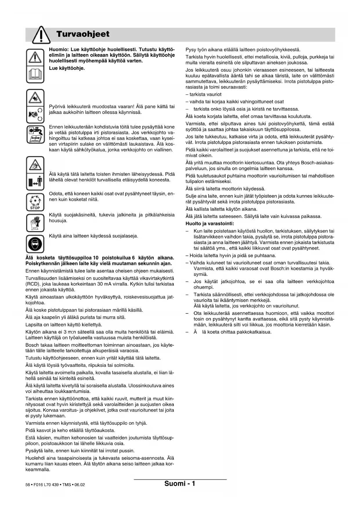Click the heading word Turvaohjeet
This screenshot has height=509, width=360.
coord(83,34)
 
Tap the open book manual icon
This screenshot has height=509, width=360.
coord(35,75)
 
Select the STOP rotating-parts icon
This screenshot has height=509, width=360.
coord(35,202)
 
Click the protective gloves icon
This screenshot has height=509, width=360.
coord(35,223)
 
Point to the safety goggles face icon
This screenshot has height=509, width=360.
coord(35,244)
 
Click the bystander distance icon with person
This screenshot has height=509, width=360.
coord(35,182)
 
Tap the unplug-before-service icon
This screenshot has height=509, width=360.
coord(35,134)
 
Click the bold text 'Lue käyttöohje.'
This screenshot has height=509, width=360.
coord(67,68)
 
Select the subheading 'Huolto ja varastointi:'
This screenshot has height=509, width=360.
coord(210,224)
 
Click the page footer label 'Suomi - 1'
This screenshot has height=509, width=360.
coord(180,483)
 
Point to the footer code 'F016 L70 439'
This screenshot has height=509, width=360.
coord(46,485)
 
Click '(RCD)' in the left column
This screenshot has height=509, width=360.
coord(32,284)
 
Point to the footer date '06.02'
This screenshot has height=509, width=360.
coord(79,485)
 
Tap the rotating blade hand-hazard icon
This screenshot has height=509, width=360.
coord(35,98)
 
